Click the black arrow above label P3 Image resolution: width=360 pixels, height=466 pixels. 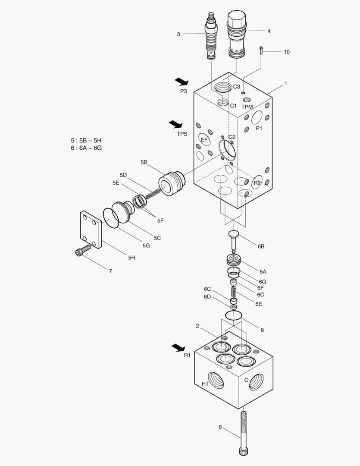[182, 82]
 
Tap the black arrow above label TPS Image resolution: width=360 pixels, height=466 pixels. [175, 124]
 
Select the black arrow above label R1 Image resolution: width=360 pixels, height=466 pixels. [178, 347]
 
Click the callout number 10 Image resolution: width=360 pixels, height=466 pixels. [286, 52]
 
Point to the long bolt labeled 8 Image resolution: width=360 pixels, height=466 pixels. [243, 431]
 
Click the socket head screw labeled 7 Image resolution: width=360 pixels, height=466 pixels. [83, 250]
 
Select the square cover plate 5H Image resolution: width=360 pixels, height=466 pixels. [90, 230]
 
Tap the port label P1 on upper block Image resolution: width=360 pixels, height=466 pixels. [259, 128]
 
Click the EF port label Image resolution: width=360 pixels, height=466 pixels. [204, 140]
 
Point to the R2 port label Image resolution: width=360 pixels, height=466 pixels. [257, 183]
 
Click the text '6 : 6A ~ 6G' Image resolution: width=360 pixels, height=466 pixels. [86, 148]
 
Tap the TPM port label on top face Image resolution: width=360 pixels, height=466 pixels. [247, 107]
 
